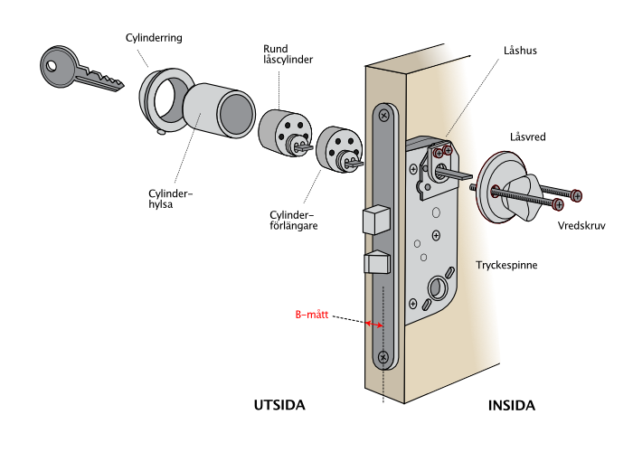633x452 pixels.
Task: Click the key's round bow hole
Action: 52,64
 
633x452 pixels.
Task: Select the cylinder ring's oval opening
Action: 167,99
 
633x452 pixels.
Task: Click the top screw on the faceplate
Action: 384,115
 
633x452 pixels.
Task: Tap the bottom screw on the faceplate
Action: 383,358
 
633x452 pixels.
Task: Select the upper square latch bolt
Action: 375,220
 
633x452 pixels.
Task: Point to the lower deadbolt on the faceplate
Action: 376,262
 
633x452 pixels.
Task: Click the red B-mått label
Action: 312,315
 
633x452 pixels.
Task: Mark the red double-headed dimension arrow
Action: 373,324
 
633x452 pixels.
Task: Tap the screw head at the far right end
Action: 576,195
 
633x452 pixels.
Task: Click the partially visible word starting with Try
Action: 485,265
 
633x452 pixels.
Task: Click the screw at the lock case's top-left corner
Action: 413,169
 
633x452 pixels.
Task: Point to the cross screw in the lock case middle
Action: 435,236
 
